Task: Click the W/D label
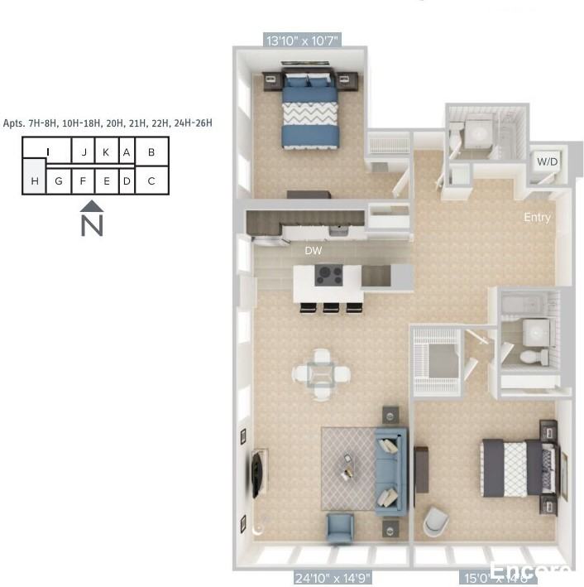[x=547, y=161]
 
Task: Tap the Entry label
[x=537, y=218]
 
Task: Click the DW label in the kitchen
[x=314, y=250]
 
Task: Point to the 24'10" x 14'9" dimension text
[x=332, y=578]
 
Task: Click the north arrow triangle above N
[x=92, y=205]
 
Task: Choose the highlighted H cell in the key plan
[x=34, y=181]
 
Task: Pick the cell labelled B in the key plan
[x=151, y=152]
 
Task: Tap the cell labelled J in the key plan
[x=84, y=152]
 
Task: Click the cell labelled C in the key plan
[x=151, y=181]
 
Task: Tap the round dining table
[x=321, y=374]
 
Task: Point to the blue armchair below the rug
[x=340, y=527]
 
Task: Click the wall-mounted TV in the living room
[x=258, y=474]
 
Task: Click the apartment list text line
[x=108, y=123]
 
